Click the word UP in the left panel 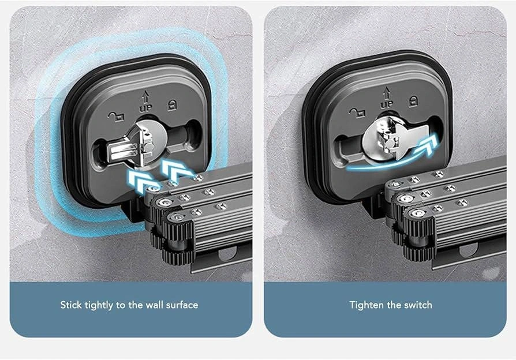[x=145, y=108]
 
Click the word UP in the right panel [x=387, y=104]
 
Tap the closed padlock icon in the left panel [x=172, y=106]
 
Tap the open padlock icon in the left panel [x=116, y=116]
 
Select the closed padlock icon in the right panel [x=413, y=102]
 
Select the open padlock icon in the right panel [x=357, y=112]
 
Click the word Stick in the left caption [x=70, y=305]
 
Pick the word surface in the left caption [x=182, y=305]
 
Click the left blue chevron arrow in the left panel [x=140, y=179]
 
